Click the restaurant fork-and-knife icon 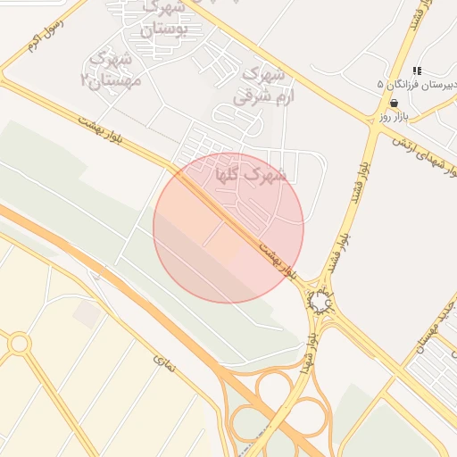(416, 71)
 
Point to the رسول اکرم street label (45, 34)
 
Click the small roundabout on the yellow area (19, 343)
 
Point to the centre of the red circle (228, 228)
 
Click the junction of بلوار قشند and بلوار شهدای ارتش (375, 128)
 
